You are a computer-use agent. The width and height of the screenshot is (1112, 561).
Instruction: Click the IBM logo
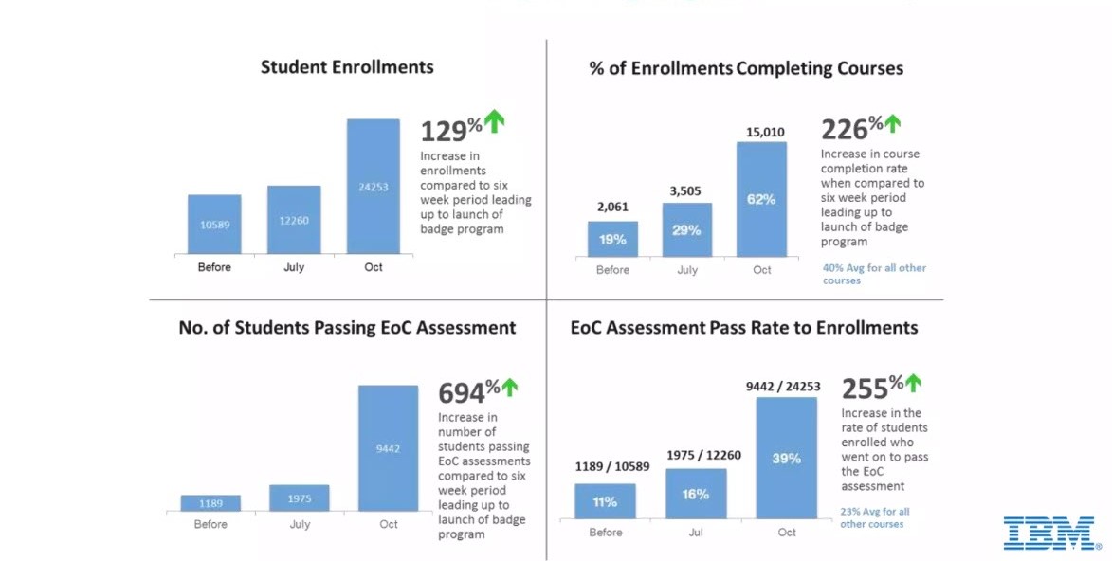[1050, 533]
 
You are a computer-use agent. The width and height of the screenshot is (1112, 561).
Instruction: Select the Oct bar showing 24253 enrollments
[374, 187]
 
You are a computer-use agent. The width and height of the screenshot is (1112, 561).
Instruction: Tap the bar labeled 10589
[214, 225]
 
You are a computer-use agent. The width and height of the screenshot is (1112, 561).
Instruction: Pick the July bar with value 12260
[294, 220]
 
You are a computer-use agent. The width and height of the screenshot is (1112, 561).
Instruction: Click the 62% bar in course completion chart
[761, 199]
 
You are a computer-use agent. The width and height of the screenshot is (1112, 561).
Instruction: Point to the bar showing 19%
[612, 239]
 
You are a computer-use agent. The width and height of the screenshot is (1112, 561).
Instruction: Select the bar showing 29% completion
[687, 229]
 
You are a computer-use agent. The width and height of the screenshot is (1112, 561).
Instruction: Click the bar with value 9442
[388, 448]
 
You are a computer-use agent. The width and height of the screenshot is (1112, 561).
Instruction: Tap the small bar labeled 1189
[210, 502]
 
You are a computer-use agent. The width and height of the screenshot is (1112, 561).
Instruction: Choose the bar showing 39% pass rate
[787, 458]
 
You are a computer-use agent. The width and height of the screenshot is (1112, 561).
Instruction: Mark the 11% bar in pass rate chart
[605, 501]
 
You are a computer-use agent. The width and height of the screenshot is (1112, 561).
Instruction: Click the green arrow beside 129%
[495, 120]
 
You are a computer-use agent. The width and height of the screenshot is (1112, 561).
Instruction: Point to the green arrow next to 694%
[510, 387]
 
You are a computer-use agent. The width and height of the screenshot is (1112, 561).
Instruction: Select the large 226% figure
[846, 129]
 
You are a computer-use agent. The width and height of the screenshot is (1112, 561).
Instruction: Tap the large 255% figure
[866, 388]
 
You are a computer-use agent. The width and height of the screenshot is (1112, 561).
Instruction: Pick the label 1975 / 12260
[703, 456]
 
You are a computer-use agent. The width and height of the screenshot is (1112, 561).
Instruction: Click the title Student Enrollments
[347, 67]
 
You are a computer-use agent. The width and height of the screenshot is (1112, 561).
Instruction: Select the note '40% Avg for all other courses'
[874, 274]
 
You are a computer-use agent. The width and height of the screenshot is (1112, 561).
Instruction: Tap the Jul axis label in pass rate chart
[696, 533]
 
